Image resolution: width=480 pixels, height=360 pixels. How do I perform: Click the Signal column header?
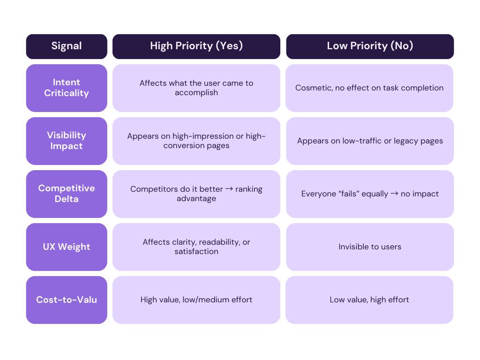tap(66, 46)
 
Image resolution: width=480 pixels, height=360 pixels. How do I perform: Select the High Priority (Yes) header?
tap(196, 46)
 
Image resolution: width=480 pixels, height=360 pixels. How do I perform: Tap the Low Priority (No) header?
tap(369, 46)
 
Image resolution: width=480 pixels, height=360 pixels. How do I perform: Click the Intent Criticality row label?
tap(66, 88)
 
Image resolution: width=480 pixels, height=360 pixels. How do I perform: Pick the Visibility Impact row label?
tap(66, 141)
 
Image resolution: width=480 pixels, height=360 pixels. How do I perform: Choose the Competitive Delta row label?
tap(66, 194)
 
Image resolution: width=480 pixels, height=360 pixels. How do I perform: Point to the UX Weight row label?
tap(66, 247)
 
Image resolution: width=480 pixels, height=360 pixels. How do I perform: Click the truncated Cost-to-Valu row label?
tap(66, 300)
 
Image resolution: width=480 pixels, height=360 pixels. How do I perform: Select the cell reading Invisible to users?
tap(369, 247)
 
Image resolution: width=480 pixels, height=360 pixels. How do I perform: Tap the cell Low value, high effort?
tap(369, 300)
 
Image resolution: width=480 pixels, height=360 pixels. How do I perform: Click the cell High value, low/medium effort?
tap(196, 300)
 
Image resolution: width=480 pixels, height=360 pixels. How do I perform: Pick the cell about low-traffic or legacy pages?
tap(369, 141)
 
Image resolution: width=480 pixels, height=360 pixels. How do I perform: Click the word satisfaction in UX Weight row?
tap(196, 252)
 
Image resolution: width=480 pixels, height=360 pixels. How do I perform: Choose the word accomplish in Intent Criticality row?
tap(196, 93)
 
